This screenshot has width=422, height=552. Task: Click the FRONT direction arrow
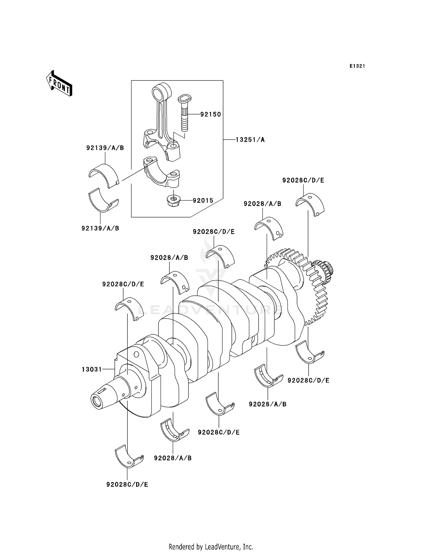[x=59, y=84]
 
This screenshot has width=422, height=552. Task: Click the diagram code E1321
[x=357, y=66]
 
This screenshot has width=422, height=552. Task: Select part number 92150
[x=210, y=114]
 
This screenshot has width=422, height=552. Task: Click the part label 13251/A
[x=250, y=140]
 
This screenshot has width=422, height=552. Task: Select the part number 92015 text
[x=203, y=201]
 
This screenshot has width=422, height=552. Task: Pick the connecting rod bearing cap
[x=161, y=173]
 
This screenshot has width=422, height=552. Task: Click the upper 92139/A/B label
[x=105, y=148]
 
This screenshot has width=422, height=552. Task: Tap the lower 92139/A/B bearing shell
[x=103, y=201]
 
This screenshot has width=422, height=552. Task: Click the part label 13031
[x=92, y=369]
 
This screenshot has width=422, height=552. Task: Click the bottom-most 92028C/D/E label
[x=127, y=484]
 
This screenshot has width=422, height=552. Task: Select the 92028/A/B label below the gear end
[x=268, y=404]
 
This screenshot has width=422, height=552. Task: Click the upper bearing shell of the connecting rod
[x=104, y=174]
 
